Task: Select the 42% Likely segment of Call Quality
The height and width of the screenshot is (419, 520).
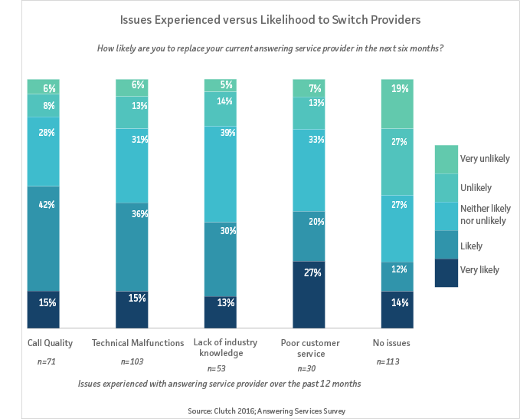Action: [x=43, y=238]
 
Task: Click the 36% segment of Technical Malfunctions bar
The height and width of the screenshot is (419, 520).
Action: [x=131, y=246]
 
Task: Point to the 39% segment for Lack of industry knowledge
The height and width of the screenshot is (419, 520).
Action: [x=220, y=173]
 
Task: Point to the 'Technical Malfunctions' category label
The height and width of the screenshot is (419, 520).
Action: [x=138, y=341]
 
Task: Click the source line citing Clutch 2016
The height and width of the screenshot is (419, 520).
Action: [x=267, y=411]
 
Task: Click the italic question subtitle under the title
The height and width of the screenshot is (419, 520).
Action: [x=270, y=48]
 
